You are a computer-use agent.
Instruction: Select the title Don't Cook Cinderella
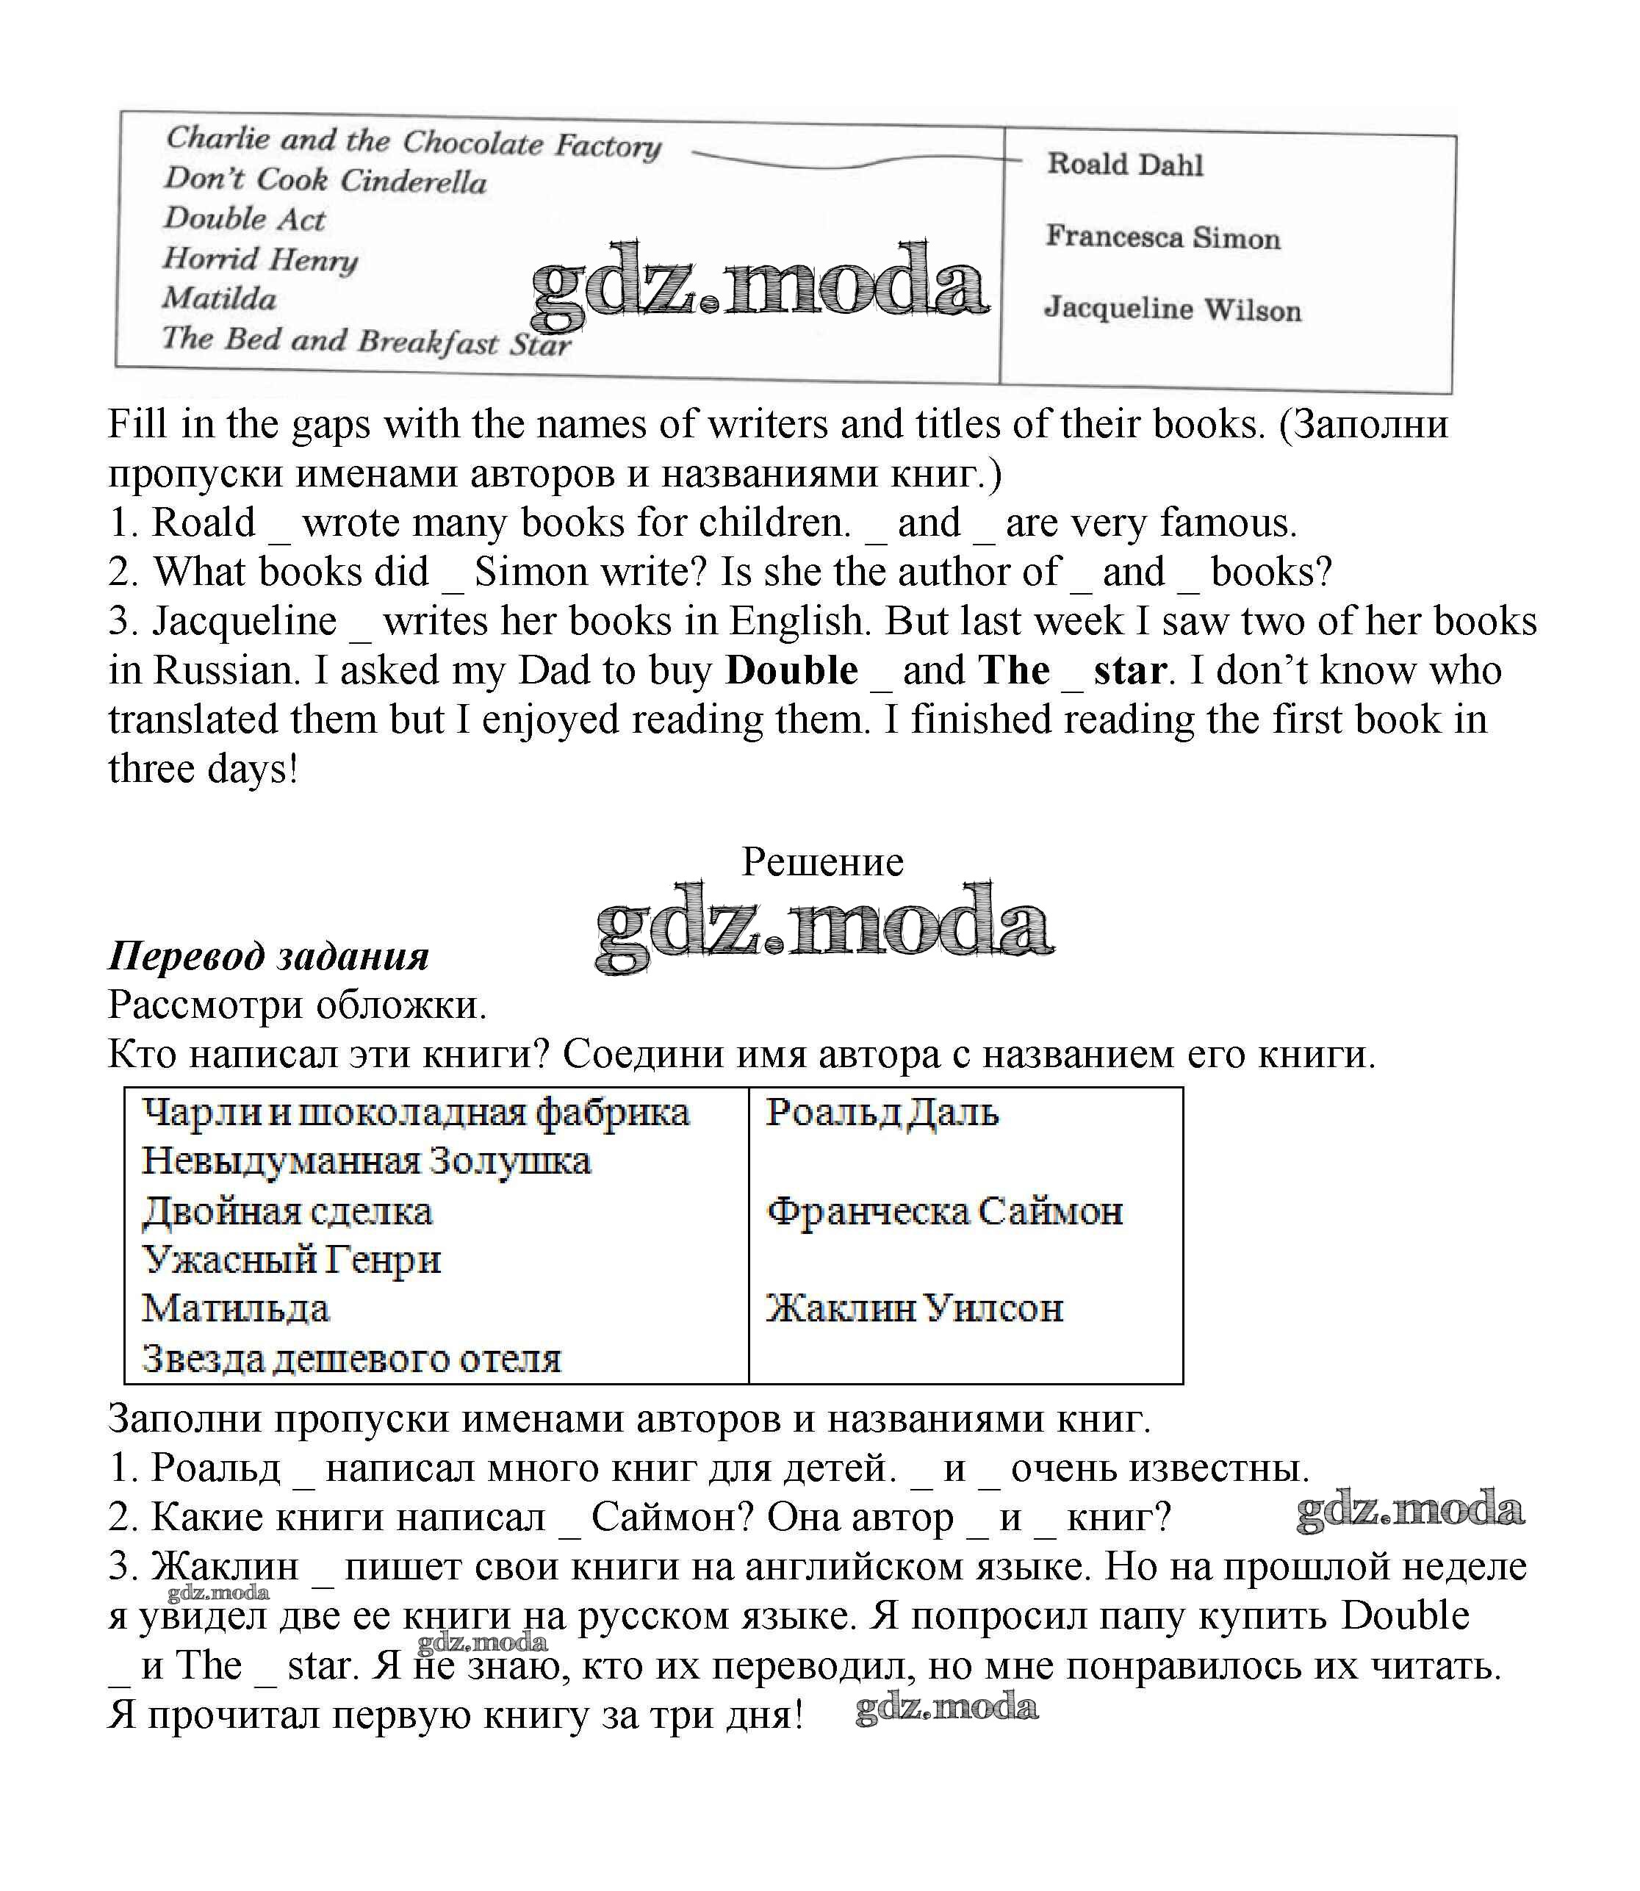325,179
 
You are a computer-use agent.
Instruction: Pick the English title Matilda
220,298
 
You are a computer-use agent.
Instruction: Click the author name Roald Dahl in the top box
1125,165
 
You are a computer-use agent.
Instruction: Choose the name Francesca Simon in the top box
1163,237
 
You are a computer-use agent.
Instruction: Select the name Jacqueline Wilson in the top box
1173,309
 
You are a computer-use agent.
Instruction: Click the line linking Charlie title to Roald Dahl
851,163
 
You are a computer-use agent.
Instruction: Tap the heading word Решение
821,861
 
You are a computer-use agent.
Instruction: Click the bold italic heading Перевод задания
268,956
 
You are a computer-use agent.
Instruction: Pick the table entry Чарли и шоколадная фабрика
415,1113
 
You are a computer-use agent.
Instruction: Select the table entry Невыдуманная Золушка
366,1161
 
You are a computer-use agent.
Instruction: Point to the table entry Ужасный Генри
291,1260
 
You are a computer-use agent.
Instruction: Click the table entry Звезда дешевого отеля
351,1359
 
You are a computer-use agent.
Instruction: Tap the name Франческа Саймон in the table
944,1211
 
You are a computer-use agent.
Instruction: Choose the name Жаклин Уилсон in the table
914,1309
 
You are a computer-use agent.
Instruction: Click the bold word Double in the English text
791,670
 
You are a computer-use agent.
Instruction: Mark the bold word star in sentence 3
1129,671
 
